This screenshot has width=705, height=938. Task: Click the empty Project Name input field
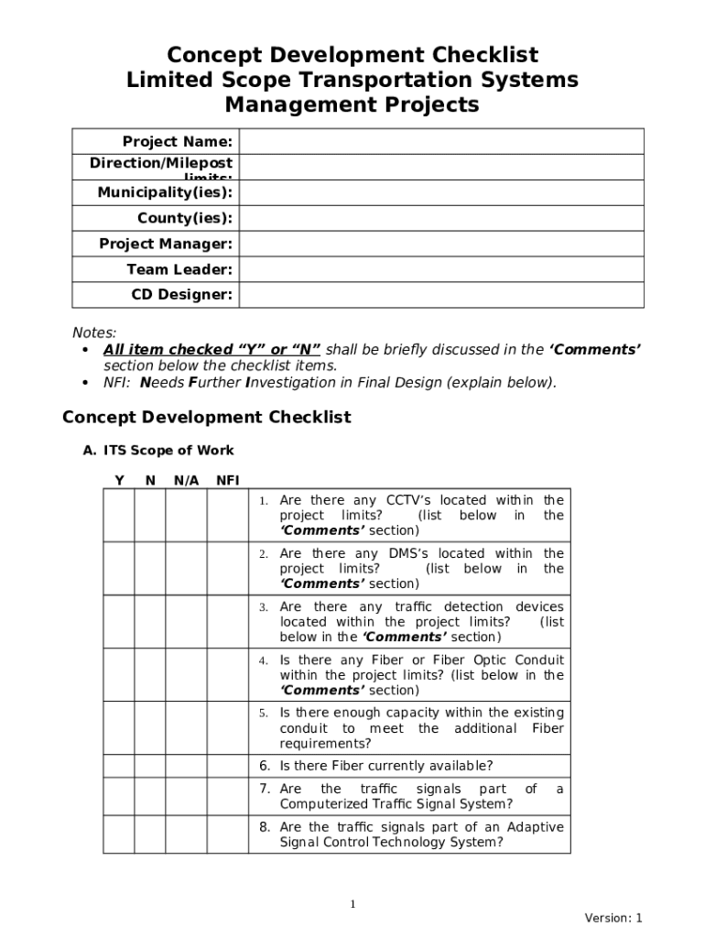441,141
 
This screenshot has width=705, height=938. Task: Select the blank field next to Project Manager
441,244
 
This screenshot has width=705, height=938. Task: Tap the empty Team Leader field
441,269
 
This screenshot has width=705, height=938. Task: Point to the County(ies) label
184,218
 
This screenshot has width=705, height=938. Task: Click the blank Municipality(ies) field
441,192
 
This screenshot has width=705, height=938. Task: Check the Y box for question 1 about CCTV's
119,515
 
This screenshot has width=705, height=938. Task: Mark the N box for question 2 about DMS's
150,568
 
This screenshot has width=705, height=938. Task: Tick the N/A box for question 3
186,621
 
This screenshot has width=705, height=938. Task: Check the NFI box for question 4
228,674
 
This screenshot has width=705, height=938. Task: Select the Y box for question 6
119,766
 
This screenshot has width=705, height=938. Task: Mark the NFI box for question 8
228,834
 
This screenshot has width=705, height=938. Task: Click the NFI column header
228,480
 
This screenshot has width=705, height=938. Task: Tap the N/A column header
186,480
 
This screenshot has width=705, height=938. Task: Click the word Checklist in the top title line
483,55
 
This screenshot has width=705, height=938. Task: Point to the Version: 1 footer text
613,918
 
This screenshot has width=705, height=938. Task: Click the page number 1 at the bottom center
352,904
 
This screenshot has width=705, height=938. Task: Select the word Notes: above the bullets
94,333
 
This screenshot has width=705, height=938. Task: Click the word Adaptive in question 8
535,827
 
